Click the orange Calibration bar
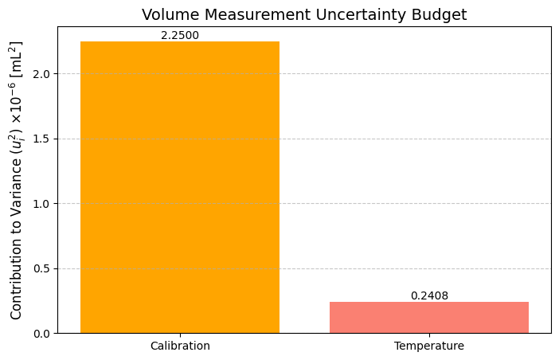(x=180, y=187)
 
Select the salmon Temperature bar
(x=428, y=317)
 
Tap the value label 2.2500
(x=180, y=35)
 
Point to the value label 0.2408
(x=428, y=295)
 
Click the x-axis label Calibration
(x=180, y=346)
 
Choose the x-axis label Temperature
(x=428, y=346)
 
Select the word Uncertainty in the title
(x=353, y=14)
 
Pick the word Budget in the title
(x=438, y=14)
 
